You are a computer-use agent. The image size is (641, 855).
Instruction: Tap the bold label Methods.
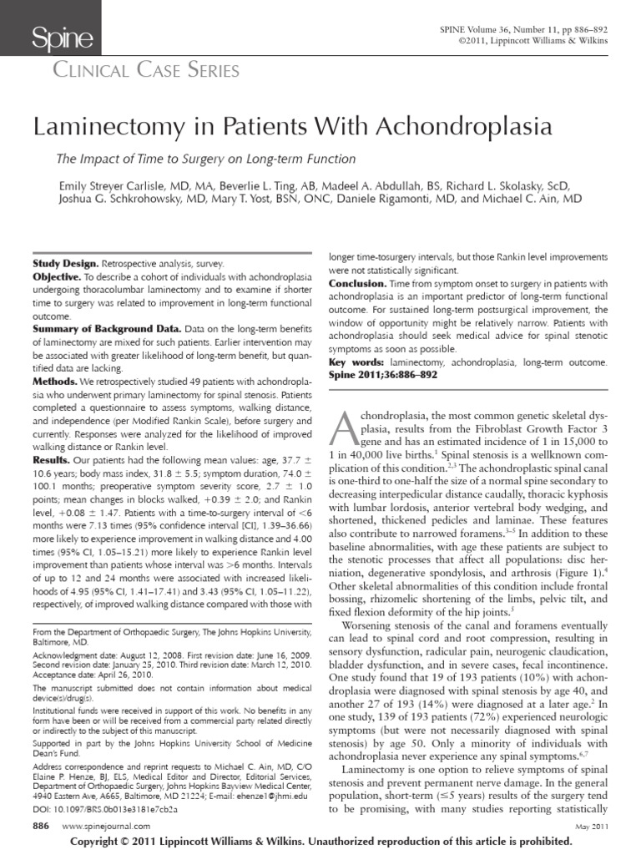tap(55, 381)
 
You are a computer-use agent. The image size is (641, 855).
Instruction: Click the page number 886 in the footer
tap(41, 825)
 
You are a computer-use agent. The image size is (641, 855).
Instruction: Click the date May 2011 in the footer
tap(591, 826)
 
